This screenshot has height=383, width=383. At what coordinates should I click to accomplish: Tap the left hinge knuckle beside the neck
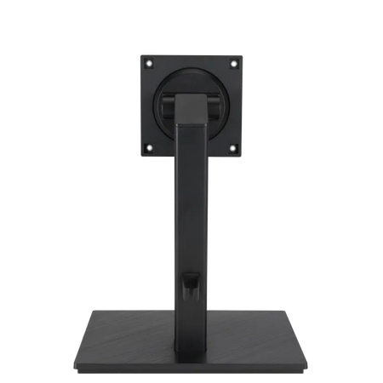click(x=165, y=108)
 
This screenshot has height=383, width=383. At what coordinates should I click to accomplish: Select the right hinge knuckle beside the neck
click(x=218, y=108)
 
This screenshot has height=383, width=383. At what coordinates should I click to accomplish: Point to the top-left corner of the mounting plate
click(x=140, y=54)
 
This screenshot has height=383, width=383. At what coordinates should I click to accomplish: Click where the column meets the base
click(x=191, y=318)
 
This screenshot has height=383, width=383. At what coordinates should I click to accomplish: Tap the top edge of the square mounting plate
click(x=191, y=54)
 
